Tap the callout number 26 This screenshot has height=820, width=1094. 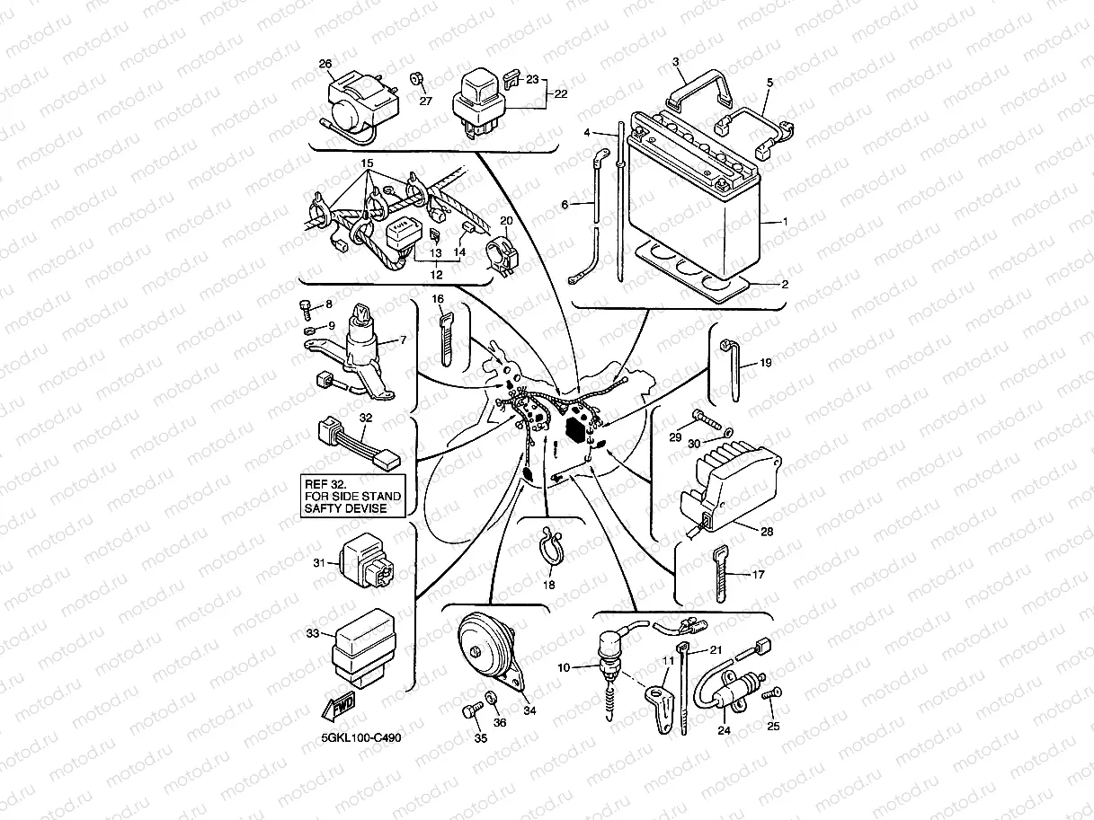coord(325,64)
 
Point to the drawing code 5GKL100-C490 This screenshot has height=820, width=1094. coord(361,737)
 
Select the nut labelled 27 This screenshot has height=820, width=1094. coord(417,79)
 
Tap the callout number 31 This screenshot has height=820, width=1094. coord(317,563)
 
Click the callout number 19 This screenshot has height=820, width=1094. coord(765,364)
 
